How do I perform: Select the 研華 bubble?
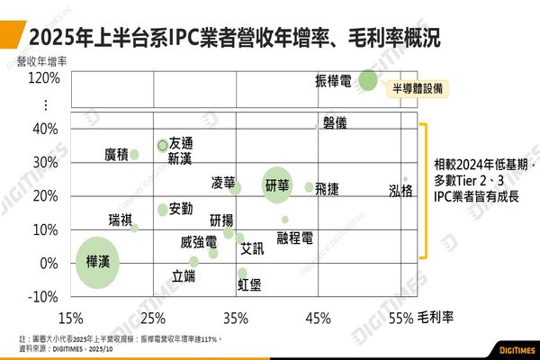click(277, 185)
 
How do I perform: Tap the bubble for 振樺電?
click(367, 80)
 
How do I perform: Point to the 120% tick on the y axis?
click(44, 78)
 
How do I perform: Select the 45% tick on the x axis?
click(318, 318)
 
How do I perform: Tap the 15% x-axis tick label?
click(70, 318)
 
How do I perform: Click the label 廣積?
click(116, 155)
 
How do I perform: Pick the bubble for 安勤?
click(163, 210)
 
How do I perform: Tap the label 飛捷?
click(327, 188)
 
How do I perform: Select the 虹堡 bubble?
click(242, 273)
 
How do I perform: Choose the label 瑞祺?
click(120, 220)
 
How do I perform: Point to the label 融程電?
click(294, 237)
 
